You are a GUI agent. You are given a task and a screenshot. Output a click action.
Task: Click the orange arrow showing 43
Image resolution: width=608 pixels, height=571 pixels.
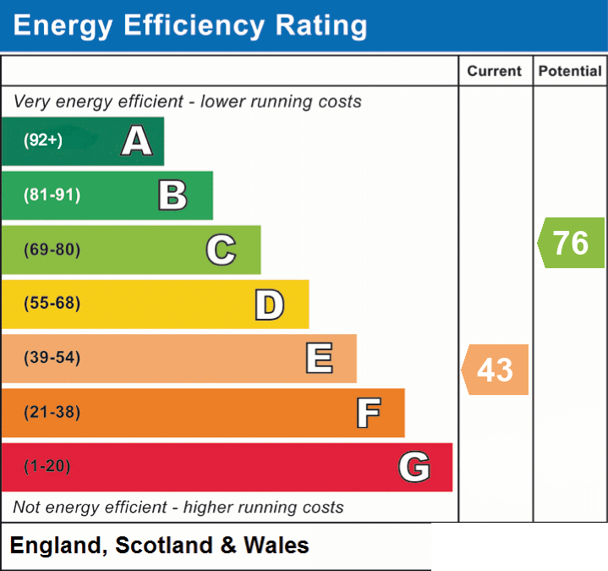pyautogui.click(x=496, y=370)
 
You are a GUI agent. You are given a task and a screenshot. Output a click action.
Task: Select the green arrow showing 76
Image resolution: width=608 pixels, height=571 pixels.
pyautogui.click(x=571, y=243)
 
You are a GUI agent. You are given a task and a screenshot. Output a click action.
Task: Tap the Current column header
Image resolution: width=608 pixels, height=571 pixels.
pyautogui.click(x=495, y=71)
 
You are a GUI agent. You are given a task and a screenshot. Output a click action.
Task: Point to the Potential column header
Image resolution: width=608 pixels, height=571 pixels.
pyautogui.click(x=570, y=71)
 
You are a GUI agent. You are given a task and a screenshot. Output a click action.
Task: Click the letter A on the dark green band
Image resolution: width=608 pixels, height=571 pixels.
pyautogui.click(x=137, y=140)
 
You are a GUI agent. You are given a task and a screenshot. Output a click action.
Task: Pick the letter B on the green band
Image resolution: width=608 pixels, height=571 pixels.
pyautogui.click(x=173, y=195)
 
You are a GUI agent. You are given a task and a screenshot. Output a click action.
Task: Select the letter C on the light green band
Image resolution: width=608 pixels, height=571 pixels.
pyautogui.click(x=221, y=250)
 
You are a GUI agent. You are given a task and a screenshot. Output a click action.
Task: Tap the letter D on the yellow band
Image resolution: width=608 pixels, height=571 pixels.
pyautogui.click(x=270, y=305)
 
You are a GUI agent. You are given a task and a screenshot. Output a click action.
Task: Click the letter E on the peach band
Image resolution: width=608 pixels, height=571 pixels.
pyautogui.click(x=319, y=358)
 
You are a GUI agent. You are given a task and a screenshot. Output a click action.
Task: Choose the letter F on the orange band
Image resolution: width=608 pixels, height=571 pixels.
pyautogui.click(x=369, y=413)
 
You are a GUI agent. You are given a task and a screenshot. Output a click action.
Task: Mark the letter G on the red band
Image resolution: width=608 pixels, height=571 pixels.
pyautogui.click(x=414, y=466)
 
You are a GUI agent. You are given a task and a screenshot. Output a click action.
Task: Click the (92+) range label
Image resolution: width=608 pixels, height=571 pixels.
pyautogui.click(x=43, y=140)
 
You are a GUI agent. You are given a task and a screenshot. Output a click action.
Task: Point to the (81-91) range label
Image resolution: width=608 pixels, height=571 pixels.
pyautogui.click(x=52, y=195)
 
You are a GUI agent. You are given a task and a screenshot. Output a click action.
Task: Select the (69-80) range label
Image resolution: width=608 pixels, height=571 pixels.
pyautogui.click(x=52, y=250)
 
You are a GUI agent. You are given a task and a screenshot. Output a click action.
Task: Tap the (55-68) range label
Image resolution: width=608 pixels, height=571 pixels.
pyautogui.click(x=52, y=303)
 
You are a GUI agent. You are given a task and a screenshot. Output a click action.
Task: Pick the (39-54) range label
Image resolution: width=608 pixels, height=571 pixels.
pyautogui.click(x=52, y=357)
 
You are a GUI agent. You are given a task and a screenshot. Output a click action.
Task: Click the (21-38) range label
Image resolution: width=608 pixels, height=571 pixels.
pyautogui.click(x=52, y=412)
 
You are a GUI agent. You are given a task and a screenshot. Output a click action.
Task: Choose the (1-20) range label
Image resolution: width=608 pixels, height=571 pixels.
pyautogui.click(x=47, y=466)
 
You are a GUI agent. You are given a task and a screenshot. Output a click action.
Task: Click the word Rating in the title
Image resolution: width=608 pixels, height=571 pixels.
pyautogui.click(x=321, y=26)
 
